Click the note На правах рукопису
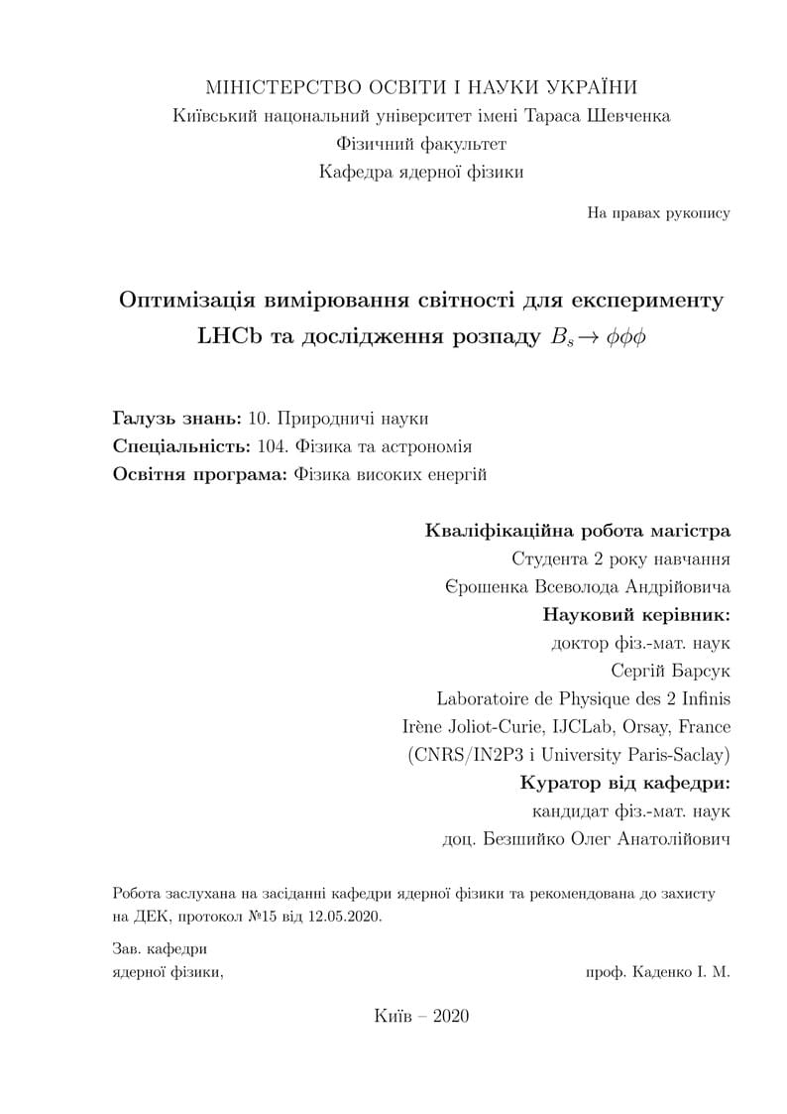(658, 213)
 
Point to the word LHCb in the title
(229, 335)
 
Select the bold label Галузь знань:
(177, 418)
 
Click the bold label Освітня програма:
(200, 474)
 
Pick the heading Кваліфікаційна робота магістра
(577, 530)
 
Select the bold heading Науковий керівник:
(636, 614)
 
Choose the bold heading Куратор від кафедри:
(624, 783)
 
